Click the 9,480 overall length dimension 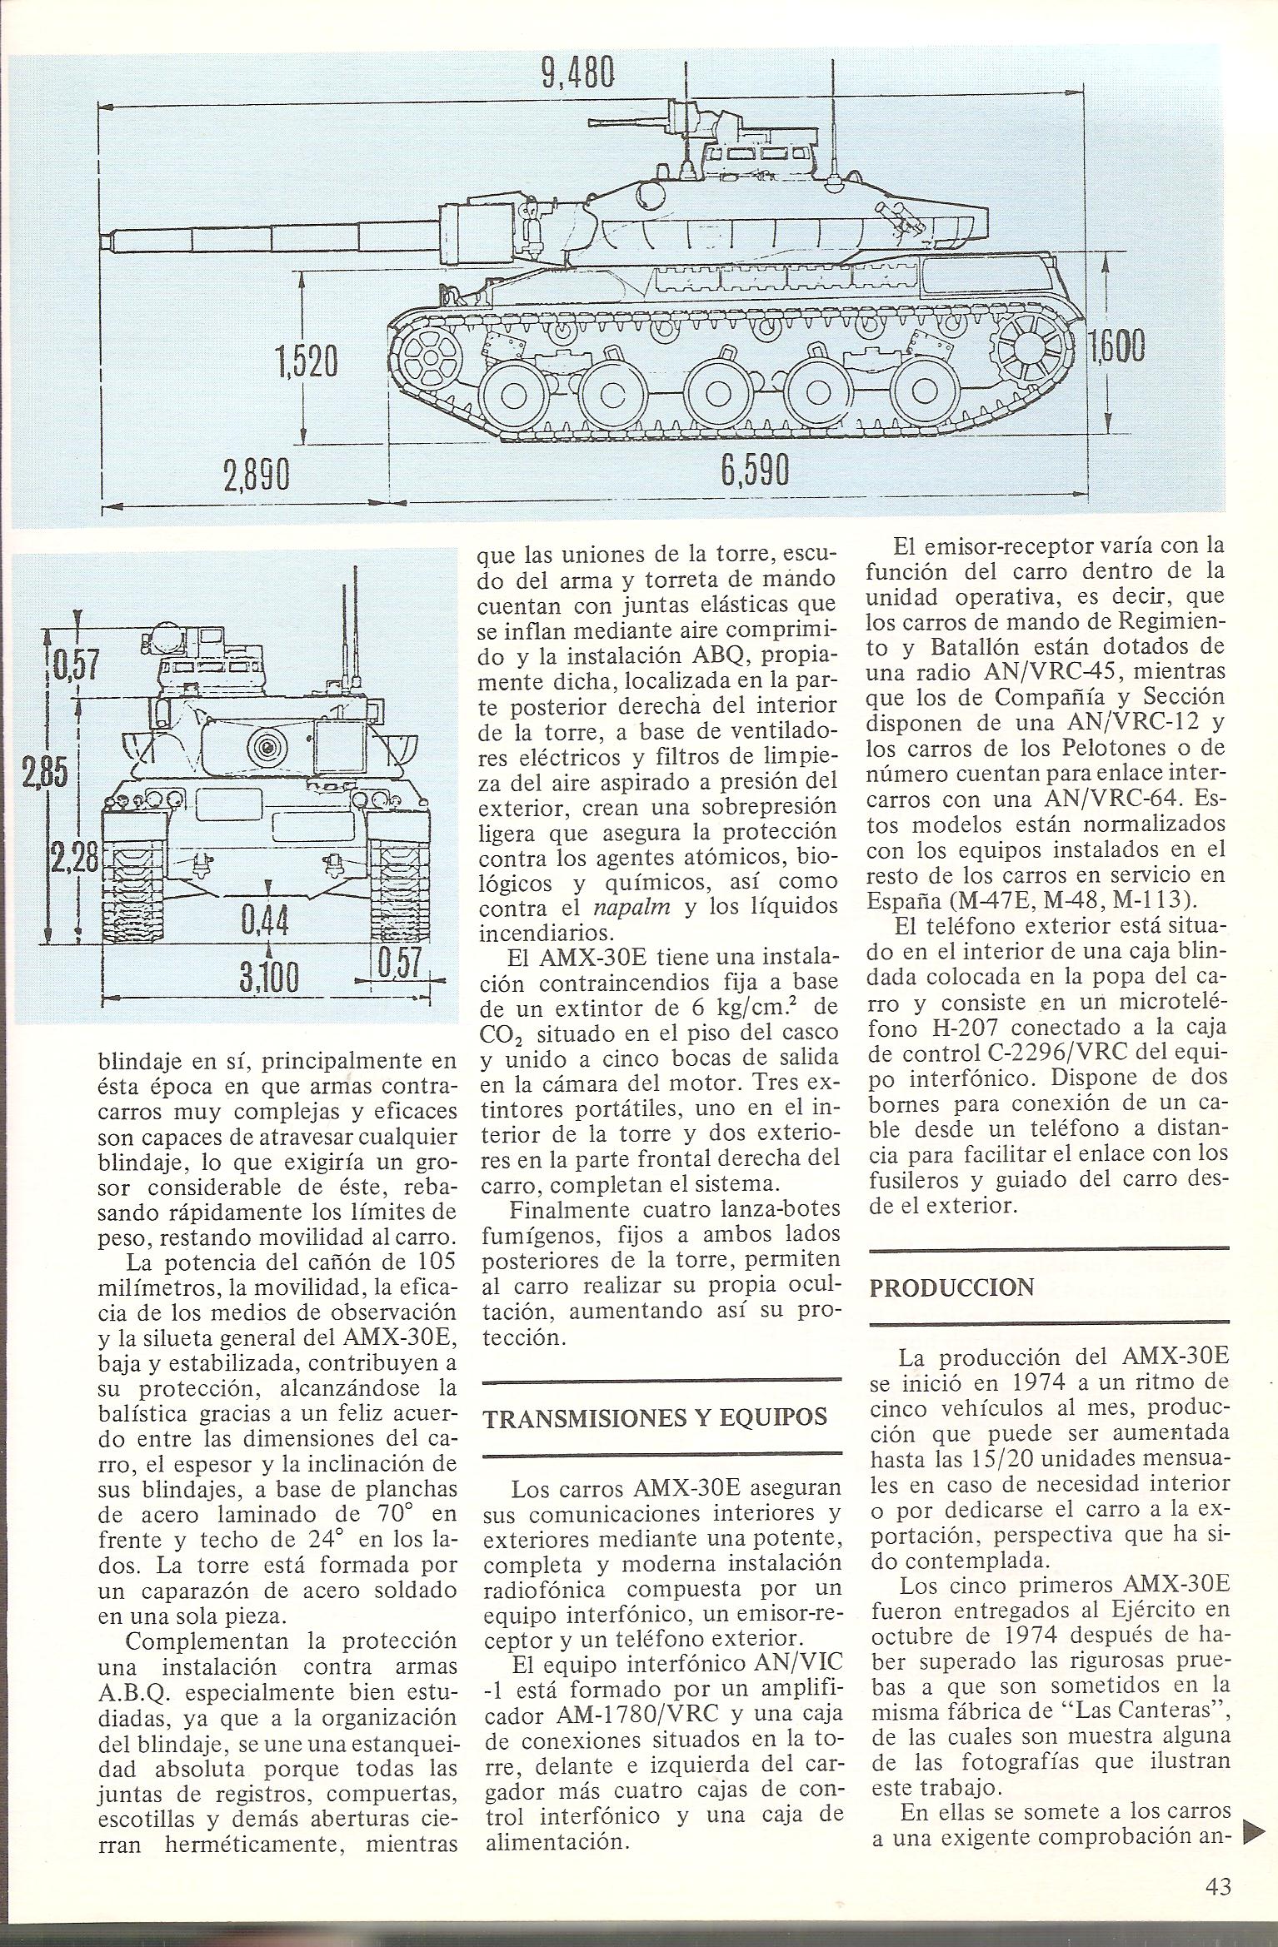pos(577,74)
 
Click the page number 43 pos(1217,1905)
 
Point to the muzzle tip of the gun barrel pos(105,241)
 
